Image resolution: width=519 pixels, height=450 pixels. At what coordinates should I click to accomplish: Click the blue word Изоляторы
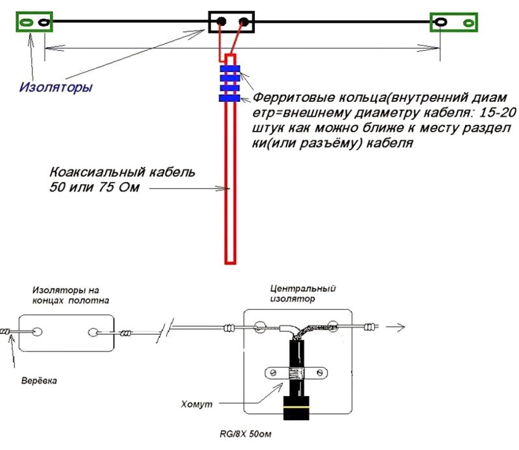coord(56,88)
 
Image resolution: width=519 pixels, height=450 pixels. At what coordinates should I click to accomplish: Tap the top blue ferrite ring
coord(230,69)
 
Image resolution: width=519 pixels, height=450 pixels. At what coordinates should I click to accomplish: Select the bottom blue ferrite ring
coord(230,99)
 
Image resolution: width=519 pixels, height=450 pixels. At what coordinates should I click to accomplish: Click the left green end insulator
coord(34,22)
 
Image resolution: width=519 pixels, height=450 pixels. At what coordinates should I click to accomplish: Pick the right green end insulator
coord(453,23)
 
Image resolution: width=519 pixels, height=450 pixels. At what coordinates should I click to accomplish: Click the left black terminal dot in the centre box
coord(221,22)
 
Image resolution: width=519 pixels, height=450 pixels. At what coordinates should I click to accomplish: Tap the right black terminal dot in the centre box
coord(244,22)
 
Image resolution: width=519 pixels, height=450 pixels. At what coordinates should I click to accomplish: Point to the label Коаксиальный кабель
coord(123,172)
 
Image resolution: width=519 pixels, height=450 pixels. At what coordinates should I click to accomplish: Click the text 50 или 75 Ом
coord(95,187)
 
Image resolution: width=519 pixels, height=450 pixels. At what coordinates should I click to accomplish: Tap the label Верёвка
coord(39,381)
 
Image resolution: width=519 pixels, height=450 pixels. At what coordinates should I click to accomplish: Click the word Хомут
coord(197,404)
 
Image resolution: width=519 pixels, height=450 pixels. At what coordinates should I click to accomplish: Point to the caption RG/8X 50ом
coord(245,434)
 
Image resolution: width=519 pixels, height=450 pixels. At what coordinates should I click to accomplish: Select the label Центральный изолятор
coord(303,294)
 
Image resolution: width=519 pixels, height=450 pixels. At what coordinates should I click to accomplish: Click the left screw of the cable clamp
coord(273,373)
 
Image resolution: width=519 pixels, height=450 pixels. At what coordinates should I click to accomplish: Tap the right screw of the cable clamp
coord(320,373)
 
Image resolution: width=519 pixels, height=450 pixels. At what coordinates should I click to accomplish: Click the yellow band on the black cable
coord(296,407)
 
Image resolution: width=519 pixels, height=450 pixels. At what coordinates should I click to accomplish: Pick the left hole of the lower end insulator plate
coord(38,331)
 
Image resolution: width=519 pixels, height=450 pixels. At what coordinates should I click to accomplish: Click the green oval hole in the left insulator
coord(27,22)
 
